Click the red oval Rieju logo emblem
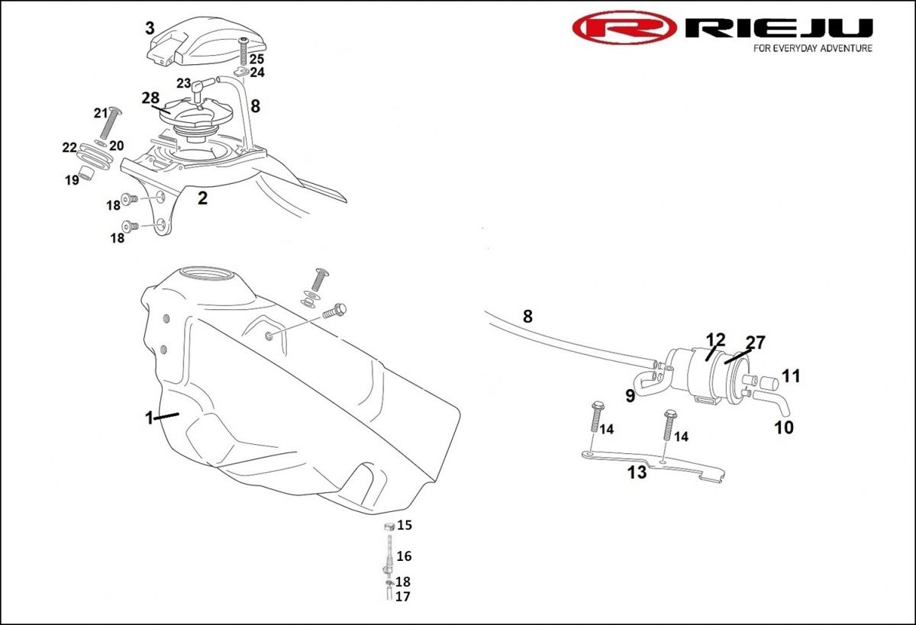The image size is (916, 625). (624, 28)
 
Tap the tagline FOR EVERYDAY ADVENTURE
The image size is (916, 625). (812, 48)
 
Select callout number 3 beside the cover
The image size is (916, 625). (150, 28)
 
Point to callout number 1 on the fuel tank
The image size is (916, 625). (150, 417)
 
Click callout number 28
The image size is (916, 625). (150, 98)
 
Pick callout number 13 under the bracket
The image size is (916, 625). (637, 472)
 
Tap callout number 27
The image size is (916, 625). (756, 343)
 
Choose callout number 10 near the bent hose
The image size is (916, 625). (784, 427)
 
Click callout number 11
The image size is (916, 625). (791, 375)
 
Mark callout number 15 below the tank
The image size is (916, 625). (404, 525)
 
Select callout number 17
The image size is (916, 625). (402, 597)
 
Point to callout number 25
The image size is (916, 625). (256, 59)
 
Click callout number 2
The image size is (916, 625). (202, 198)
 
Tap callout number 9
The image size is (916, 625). (631, 395)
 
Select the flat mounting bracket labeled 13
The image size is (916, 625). (656, 463)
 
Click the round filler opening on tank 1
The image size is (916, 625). (208, 273)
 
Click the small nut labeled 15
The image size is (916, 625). (389, 526)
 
